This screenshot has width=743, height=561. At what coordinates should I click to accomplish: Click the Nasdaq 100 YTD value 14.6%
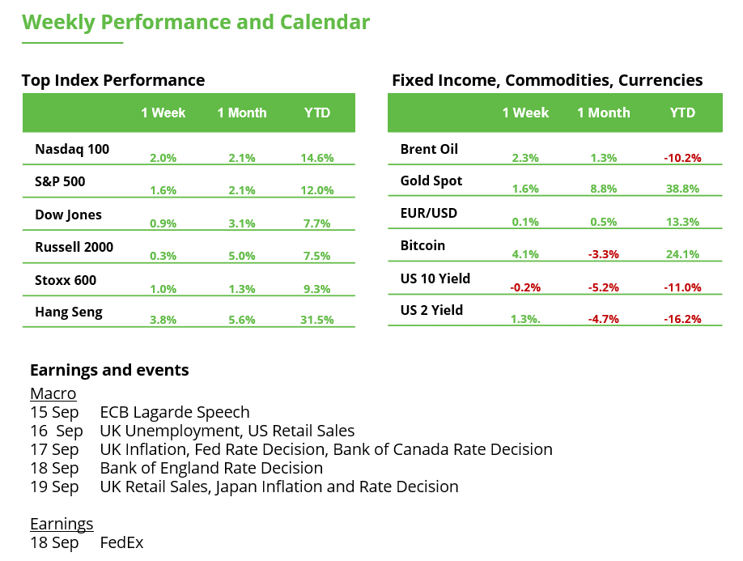[x=317, y=158]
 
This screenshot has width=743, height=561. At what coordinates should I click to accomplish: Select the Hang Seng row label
[x=69, y=312]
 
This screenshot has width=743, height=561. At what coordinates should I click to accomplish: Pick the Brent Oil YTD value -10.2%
[x=682, y=158]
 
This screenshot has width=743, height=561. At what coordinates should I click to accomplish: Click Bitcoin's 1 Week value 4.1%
[x=525, y=254]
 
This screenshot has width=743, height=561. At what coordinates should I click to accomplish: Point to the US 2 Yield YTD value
[x=682, y=319]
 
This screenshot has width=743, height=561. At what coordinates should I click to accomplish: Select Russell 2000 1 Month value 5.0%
[x=241, y=256]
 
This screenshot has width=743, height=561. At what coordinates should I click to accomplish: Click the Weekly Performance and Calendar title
[x=196, y=22]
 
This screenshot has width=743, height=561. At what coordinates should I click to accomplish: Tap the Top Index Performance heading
[x=113, y=80]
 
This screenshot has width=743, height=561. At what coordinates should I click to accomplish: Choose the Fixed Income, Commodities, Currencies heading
[x=547, y=80]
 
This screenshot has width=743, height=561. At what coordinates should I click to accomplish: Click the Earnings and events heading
[x=109, y=370]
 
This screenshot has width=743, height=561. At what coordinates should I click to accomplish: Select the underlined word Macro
[x=53, y=393]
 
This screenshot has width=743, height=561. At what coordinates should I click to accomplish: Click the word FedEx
[x=121, y=542]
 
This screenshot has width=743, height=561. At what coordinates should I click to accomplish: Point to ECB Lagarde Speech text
[x=174, y=412]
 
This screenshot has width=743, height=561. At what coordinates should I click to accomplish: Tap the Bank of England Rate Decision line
[x=210, y=468]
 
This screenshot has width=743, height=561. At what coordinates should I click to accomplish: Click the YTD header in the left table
[x=317, y=113]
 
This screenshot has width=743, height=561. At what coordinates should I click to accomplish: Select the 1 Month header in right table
[x=603, y=113]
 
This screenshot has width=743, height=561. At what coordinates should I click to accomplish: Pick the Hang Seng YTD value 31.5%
[x=317, y=320]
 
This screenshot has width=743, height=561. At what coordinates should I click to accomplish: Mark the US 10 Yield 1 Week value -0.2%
[x=525, y=287]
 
